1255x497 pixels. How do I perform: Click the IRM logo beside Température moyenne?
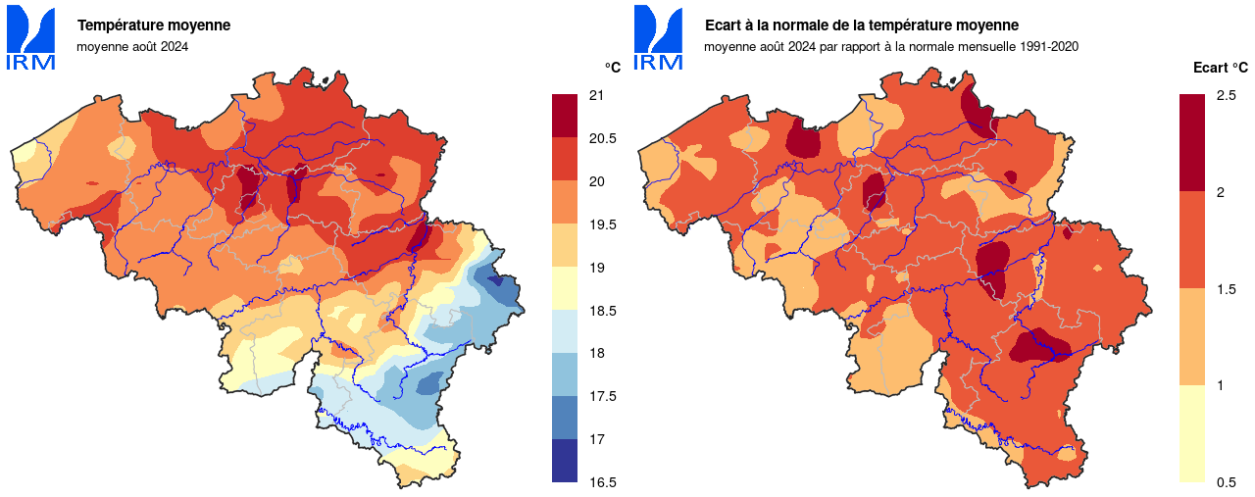click(30, 38)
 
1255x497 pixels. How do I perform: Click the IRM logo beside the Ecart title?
click(658, 38)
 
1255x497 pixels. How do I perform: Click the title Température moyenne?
click(154, 25)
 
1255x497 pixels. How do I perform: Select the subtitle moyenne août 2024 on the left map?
click(132, 46)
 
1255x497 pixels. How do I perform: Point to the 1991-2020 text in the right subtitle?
click(1048, 46)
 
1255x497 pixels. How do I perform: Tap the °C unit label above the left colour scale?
click(612, 68)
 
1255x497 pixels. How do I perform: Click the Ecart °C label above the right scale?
click(1220, 68)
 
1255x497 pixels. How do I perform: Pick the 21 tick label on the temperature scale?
click(595, 95)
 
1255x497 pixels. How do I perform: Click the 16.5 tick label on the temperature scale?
click(601, 482)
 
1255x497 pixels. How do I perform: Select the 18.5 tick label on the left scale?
click(601, 311)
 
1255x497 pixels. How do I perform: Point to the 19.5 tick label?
click(601, 224)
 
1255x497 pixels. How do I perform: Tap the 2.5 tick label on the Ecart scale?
click(1226, 95)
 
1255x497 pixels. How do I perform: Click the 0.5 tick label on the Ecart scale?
click(1226, 482)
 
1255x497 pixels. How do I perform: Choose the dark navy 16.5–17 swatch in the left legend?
click(565, 461)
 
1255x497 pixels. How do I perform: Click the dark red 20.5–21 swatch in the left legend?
click(565, 116)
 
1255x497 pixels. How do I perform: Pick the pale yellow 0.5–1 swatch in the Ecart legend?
click(1191, 433)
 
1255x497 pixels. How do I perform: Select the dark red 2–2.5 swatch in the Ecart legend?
click(1191, 142)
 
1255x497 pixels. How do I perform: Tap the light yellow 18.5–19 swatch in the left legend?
click(565, 288)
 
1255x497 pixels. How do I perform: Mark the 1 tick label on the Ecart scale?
click(1220, 385)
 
